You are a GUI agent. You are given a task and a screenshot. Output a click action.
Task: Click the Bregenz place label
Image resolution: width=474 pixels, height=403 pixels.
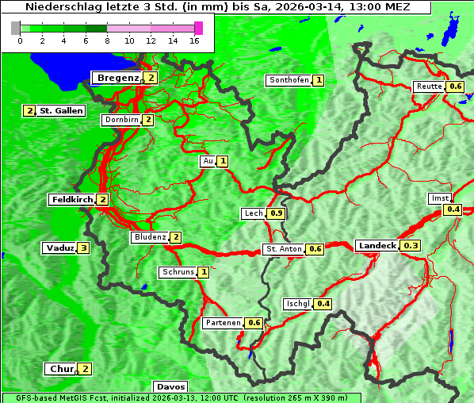(x=117, y=78)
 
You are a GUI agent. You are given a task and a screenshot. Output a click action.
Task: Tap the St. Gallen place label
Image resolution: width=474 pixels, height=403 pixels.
(x=61, y=111)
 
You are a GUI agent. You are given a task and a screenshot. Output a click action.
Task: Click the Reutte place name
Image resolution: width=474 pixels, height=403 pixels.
(x=428, y=86)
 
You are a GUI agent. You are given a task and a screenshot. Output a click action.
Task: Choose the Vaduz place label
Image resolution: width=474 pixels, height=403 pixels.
(x=59, y=248)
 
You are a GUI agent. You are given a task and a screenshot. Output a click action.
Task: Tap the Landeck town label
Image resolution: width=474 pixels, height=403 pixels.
(x=377, y=246)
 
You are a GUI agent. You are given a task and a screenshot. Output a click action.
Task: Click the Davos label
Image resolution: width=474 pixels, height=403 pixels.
(x=170, y=386)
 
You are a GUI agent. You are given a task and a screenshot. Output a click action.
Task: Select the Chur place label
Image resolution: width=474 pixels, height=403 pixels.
(x=61, y=369)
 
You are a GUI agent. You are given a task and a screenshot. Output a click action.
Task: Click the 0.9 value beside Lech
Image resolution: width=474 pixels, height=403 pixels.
(x=276, y=213)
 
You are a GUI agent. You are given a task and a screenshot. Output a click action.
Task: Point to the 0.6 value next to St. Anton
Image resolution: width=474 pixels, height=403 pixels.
(x=315, y=249)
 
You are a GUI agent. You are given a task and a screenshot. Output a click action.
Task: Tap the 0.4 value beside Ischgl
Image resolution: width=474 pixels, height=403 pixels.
(x=323, y=304)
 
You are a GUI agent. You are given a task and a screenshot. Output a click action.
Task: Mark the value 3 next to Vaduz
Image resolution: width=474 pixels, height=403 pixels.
(x=83, y=248)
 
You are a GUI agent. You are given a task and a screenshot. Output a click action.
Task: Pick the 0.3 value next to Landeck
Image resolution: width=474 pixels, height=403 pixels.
(x=411, y=246)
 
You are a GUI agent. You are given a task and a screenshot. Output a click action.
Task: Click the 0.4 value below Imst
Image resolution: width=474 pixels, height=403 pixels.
(x=453, y=209)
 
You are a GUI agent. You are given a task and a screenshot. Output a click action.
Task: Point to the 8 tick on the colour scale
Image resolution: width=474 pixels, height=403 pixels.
(x=107, y=40)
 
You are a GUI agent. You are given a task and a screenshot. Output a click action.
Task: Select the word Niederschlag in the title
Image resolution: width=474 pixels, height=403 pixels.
(x=56, y=6)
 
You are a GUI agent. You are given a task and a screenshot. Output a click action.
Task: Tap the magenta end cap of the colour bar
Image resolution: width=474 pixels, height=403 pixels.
(x=198, y=28)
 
